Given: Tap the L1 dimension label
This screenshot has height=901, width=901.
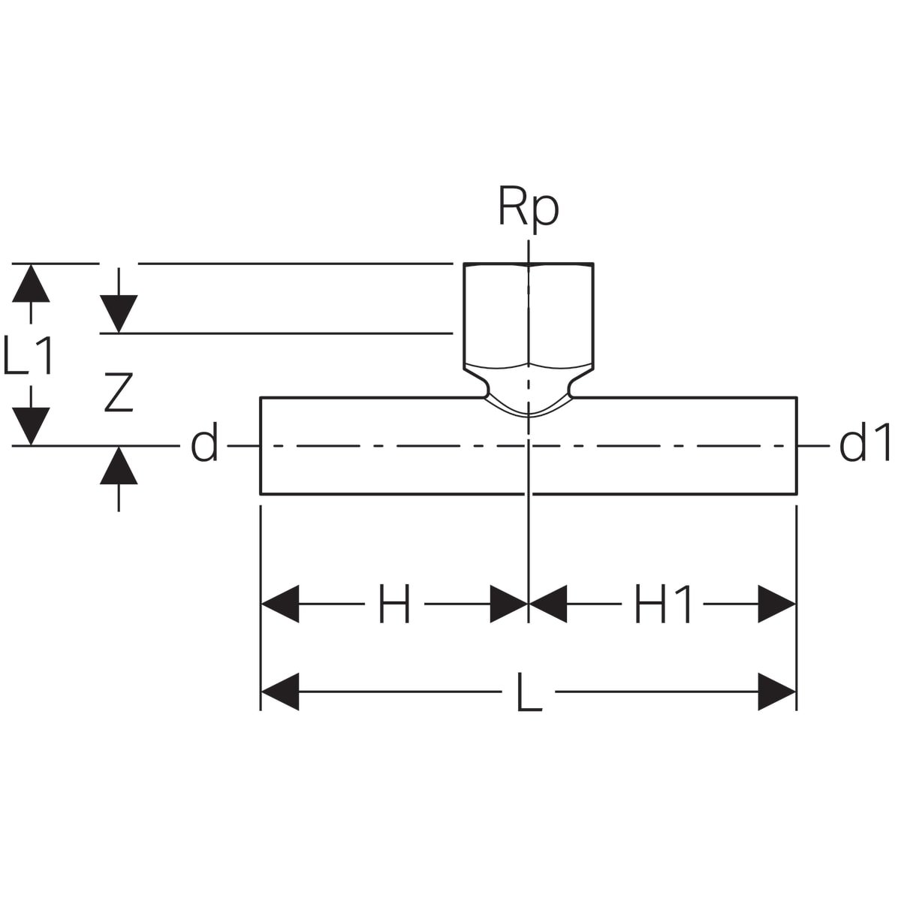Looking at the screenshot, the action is pos(27,355).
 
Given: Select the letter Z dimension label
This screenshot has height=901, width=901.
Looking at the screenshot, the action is pos(119,392).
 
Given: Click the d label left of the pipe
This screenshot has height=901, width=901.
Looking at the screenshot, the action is pos(204,442).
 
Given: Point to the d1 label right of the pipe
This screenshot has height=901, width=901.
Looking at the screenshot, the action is pos(864,442).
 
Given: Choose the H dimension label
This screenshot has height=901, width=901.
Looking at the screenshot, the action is pos(394,603).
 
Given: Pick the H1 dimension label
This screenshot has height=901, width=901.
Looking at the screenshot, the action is pos(662,603).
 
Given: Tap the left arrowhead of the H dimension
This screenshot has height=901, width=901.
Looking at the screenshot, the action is pos(279,604).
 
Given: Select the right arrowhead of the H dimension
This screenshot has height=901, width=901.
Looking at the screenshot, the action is pos(509,604).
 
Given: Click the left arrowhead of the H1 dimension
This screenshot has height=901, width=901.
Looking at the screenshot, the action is pos(548,604).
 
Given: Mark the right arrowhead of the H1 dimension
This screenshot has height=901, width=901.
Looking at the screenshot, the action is pos(776,604).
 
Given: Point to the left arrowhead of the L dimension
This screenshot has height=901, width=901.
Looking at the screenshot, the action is pos(279,692).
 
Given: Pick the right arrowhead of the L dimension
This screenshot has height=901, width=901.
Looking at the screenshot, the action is pos(776,692).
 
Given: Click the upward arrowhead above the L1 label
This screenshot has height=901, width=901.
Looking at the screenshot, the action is pos(31,283).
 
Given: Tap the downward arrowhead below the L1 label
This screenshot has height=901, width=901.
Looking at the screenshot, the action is pos(31,426).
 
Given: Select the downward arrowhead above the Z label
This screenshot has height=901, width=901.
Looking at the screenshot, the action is pos(119,314).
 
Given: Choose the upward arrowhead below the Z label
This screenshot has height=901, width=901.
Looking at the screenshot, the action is pos(119,466).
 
